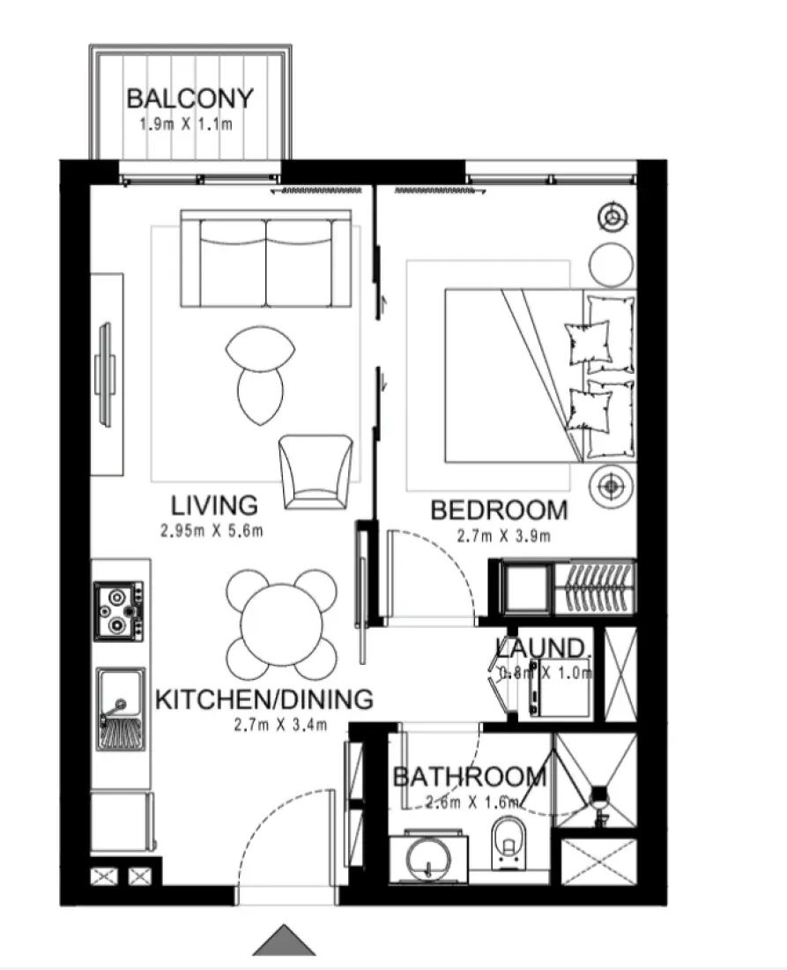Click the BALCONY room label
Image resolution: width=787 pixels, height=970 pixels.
189,98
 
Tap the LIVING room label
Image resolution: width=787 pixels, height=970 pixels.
214,506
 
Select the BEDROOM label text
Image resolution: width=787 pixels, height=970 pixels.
498,511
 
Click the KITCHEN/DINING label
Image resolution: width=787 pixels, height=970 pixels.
264,700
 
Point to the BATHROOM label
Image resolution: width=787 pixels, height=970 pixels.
469,777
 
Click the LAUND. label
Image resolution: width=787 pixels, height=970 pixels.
540,648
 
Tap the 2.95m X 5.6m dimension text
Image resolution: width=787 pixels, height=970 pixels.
212,531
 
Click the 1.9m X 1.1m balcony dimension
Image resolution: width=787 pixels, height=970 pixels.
186,123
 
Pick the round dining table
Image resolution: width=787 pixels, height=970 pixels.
281,623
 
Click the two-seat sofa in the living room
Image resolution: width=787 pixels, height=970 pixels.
265,257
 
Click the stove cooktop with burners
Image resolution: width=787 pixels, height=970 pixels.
119,609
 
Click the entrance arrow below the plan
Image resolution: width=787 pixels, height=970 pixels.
284,940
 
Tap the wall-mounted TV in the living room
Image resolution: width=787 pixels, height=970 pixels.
106,374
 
